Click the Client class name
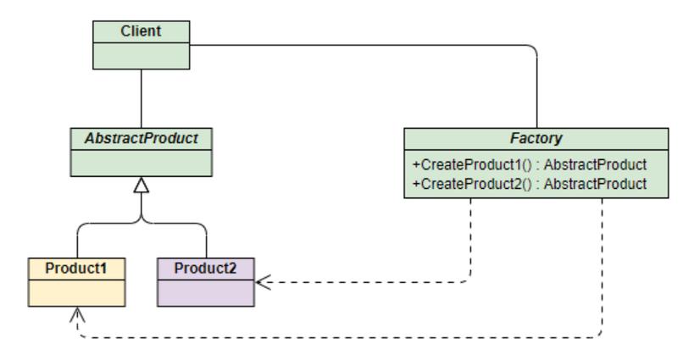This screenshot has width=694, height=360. [141, 32]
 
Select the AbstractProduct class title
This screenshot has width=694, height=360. [142, 138]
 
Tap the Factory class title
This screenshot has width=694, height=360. [535, 138]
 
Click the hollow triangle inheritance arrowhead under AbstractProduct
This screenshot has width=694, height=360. [142, 185]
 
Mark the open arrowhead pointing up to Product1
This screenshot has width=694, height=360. [77, 313]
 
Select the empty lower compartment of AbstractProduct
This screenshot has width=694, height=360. [142, 162]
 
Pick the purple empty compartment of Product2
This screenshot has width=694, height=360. [205, 292]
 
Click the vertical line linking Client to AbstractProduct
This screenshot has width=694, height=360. [141, 98]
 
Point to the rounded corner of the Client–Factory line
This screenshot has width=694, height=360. [533, 50]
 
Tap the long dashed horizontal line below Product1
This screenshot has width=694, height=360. [339, 337]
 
